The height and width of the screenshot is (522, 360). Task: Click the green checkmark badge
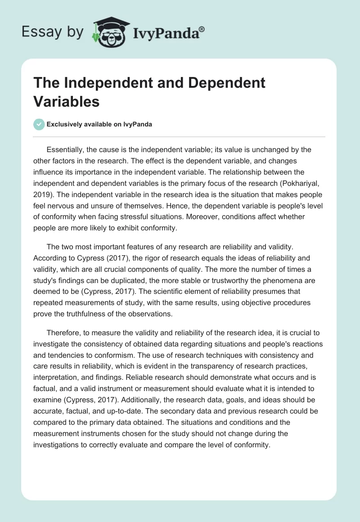pyautogui.click(x=39, y=124)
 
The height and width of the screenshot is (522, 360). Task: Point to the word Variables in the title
pyautogui.click(x=67, y=101)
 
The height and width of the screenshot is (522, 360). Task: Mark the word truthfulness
pyautogui.click(x=79, y=314)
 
